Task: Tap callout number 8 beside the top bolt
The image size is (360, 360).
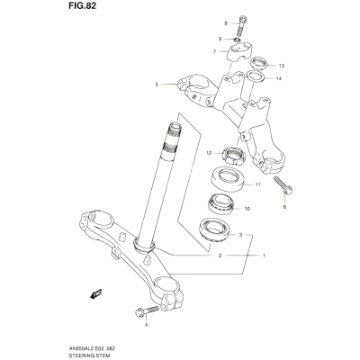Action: [226, 23]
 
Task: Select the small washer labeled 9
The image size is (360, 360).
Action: [238, 40]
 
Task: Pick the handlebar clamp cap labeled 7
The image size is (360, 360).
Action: [241, 52]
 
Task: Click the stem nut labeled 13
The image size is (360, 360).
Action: [259, 63]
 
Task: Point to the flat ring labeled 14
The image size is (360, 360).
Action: [256, 76]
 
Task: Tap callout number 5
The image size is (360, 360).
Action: [157, 85]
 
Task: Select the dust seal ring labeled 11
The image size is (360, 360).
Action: [229, 179]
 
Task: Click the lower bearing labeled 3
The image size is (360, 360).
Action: [214, 229]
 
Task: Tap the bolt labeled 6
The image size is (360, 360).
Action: [283, 186]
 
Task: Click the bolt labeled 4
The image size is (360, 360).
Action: [147, 311]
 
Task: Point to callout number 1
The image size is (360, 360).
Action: [264, 256]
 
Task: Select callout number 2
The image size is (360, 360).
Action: [220, 256]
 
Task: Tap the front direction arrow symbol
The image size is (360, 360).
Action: [96, 293]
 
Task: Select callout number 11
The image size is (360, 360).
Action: [257, 184]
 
